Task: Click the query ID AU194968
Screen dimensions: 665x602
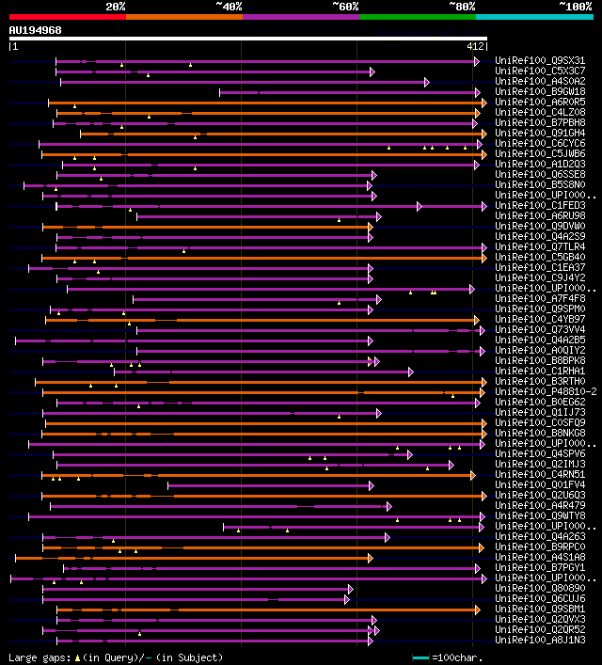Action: coord(35,30)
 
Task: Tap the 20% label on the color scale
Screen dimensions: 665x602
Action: coord(116,7)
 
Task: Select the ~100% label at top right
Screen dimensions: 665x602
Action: coord(575,7)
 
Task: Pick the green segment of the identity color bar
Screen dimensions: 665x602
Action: coord(417,16)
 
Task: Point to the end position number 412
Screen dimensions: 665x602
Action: coord(475,46)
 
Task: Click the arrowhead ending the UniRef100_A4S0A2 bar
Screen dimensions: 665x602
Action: coord(427,82)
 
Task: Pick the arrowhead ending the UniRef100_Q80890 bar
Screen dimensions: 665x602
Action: coord(350,589)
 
